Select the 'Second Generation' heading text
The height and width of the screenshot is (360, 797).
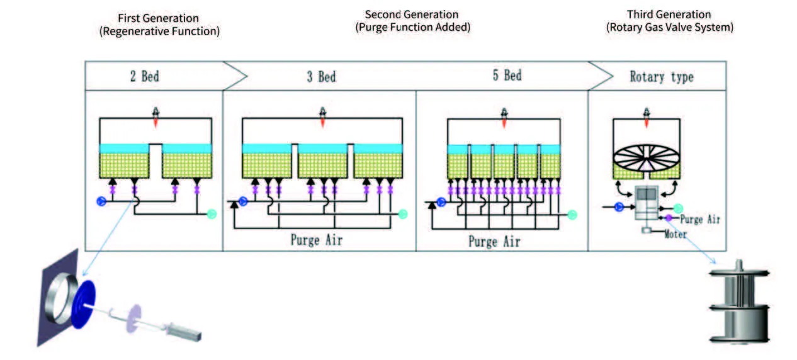(x=412, y=14)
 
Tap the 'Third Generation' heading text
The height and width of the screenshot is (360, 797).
(x=669, y=14)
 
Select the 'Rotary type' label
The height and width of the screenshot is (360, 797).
(x=662, y=77)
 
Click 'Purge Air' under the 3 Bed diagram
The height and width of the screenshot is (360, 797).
(x=317, y=240)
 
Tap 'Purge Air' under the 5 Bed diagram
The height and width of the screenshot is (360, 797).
(x=494, y=241)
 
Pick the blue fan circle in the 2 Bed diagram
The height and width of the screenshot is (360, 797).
(x=99, y=201)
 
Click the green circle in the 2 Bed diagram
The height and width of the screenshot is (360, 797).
(x=212, y=214)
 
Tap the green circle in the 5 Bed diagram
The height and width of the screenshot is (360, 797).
(x=572, y=215)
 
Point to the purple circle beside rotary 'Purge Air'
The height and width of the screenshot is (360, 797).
(x=669, y=218)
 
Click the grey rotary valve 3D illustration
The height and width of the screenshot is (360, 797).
(x=740, y=303)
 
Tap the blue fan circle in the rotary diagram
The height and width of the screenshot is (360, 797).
(x=619, y=206)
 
